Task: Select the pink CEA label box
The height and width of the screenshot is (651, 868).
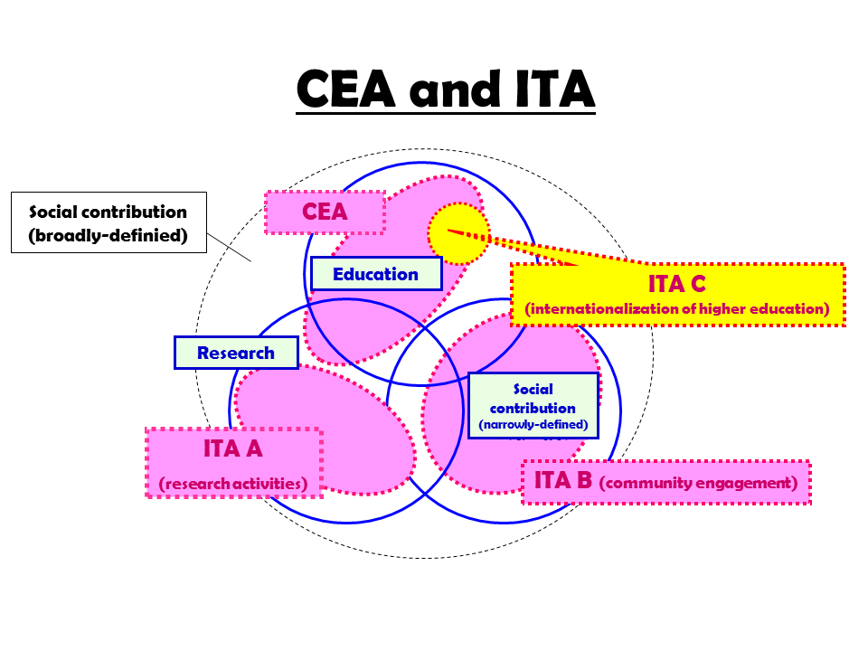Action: click(325, 212)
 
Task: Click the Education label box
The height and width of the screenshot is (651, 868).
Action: click(375, 274)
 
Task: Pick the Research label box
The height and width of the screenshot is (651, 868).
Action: click(235, 353)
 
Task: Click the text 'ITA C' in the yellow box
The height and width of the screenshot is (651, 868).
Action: click(676, 284)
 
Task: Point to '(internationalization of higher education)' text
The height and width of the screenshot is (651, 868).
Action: click(677, 309)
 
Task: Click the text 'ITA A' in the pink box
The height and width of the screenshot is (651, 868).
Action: click(233, 448)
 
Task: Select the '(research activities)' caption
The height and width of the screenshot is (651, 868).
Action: click(233, 484)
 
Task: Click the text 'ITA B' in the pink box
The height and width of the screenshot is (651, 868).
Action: click(562, 480)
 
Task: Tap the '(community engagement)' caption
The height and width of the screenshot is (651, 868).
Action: click(698, 483)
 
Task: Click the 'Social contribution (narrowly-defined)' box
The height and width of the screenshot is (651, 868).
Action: click(533, 405)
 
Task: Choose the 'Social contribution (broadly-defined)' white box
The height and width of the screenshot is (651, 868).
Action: click(108, 222)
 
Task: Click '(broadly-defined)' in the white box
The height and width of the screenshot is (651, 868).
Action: click(108, 237)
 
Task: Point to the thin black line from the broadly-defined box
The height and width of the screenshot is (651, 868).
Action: click(229, 248)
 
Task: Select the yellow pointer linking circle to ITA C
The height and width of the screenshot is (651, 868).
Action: click(524, 248)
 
